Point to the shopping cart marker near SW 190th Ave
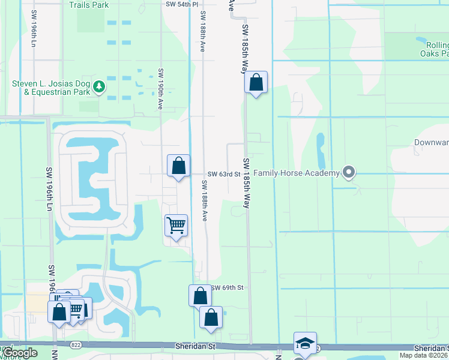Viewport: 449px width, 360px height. [x=176, y=226]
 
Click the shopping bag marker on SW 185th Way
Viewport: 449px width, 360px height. [x=256, y=83]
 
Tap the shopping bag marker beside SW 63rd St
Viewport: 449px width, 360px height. [x=178, y=166]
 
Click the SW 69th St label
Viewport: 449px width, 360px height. [x=229, y=288]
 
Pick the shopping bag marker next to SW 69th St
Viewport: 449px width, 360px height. [x=200, y=296]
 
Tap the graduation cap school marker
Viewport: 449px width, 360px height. [x=305, y=344]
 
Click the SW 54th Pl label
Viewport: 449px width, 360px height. [x=182, y=4]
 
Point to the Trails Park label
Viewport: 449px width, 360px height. [x=89, y=5]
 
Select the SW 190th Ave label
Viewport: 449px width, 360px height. [x=161, y=88]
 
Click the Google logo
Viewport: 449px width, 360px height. [x=19, y=353]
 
